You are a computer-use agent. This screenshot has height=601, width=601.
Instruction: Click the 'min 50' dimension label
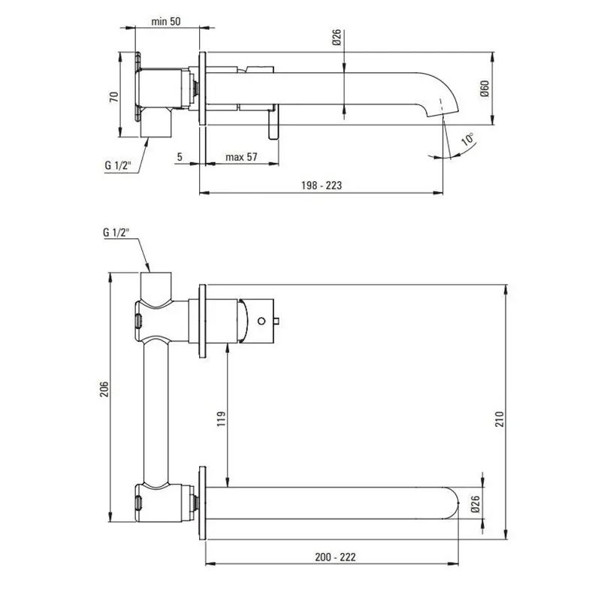(x=165, y=22)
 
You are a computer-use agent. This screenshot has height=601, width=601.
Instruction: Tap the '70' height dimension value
(x=115, y=97)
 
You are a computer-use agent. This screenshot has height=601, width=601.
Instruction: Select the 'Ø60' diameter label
(x=485, y=89)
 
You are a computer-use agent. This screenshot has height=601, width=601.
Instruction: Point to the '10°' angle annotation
(x=467, y=140)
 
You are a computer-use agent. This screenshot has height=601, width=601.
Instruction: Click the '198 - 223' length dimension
(x=322, y=186)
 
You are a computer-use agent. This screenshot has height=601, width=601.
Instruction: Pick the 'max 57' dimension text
(x=241, y=157)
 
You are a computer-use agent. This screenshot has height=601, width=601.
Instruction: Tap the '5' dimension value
(x=180, y=157)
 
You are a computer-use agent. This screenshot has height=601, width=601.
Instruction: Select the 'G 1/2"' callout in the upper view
(x=118, y=165)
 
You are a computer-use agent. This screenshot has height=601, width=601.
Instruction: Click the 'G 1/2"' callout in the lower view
(x=116, y=232)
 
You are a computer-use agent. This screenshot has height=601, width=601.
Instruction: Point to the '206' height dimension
(x=104, y=389)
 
